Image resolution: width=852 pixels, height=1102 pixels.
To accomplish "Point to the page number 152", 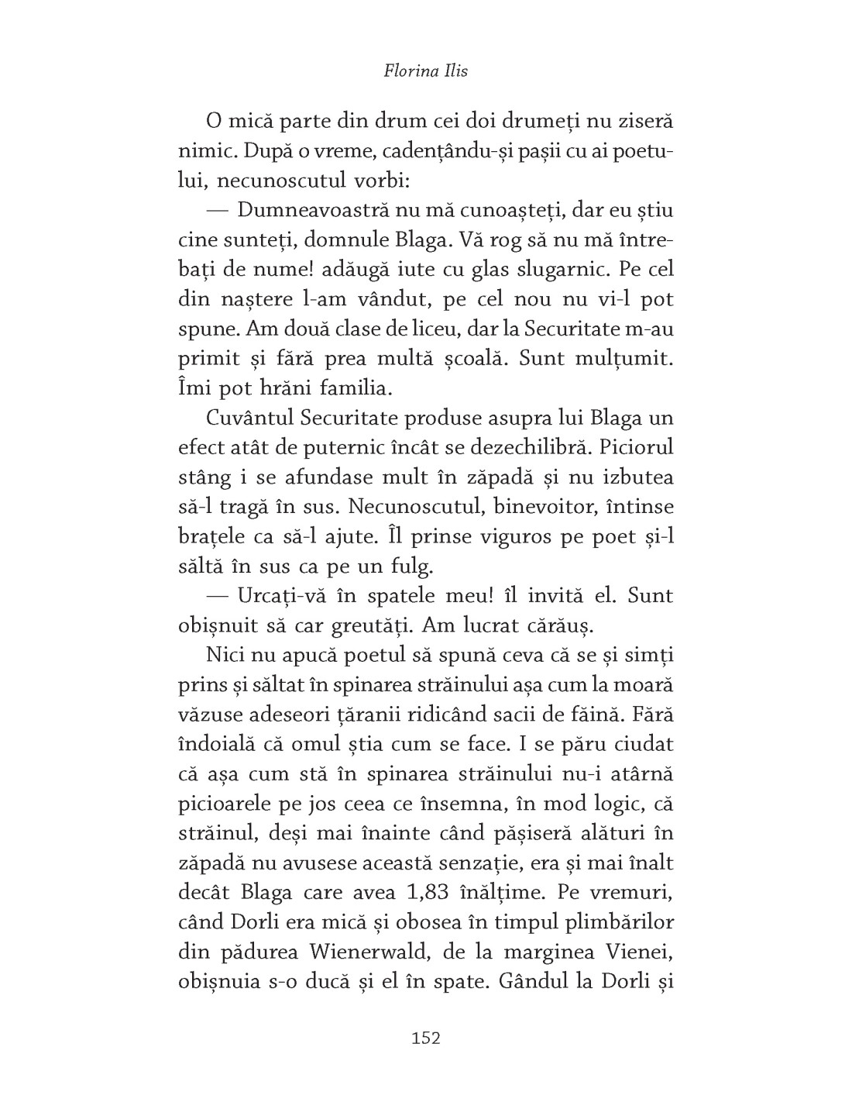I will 426,1038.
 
